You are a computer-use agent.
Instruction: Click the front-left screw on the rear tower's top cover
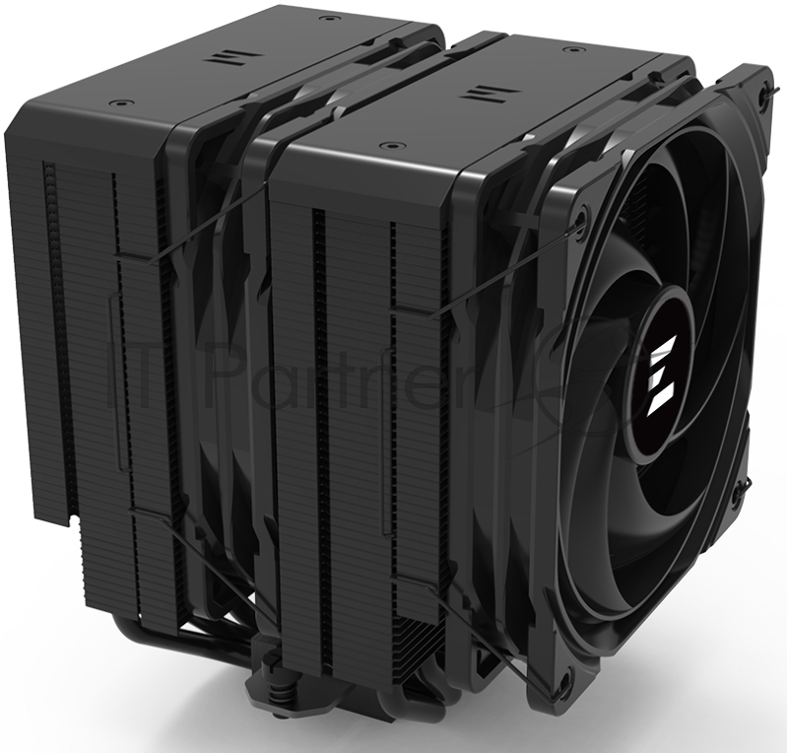pos(121,103)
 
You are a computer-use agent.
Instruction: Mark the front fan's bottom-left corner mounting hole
pos(563,680)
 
